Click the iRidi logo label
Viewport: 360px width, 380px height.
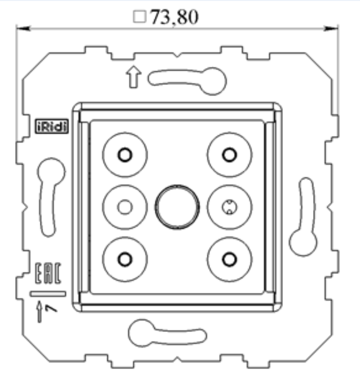tap(53, 126)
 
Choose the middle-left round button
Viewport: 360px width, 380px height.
tap(125, 206)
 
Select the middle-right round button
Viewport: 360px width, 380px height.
tap(229, 206)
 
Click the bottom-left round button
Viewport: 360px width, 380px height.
tap(125, 258)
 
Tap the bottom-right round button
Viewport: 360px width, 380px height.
tap(229, 258)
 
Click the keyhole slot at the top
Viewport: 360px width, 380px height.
tap(188, 78)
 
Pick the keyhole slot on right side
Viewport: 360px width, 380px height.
tap(303, 217)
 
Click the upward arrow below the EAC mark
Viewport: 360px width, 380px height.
tap(41, 311)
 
